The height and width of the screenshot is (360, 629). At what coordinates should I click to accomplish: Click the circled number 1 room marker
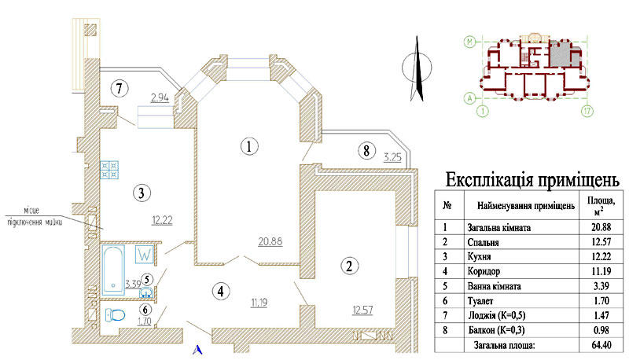[249, 146]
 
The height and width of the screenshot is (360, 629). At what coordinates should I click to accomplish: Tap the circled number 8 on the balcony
[366, 151]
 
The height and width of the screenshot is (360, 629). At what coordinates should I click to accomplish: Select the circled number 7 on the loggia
[120, 88]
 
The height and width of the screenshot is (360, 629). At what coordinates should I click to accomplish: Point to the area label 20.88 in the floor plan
[270, 241]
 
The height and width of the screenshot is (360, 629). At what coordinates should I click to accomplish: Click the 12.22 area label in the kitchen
[162, 220]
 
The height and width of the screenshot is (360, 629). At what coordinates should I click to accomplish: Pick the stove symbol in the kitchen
[109, 170]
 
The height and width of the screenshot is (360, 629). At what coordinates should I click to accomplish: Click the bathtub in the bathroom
[113, 270]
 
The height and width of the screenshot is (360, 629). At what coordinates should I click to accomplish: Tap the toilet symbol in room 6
[115, 315]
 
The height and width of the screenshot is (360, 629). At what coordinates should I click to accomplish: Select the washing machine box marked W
[145, 254]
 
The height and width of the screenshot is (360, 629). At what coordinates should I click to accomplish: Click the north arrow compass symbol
[417, 68]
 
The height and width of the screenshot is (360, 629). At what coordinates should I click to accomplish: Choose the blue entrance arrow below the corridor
[197, 350]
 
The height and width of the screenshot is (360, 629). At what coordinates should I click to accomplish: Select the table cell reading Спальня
[483, 242]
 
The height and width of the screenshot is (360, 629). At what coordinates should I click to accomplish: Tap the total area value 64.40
[601, 345]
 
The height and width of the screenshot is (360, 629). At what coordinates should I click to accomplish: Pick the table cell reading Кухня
[479, 256]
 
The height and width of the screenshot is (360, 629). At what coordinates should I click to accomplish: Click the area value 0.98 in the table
[601, 330]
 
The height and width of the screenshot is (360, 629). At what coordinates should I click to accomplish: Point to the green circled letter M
[469, 42]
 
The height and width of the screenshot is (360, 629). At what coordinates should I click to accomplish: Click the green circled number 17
[587, 111]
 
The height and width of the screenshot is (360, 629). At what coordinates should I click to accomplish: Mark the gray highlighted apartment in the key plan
[561, 54]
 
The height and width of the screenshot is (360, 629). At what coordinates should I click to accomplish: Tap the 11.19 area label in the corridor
[259, 303]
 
